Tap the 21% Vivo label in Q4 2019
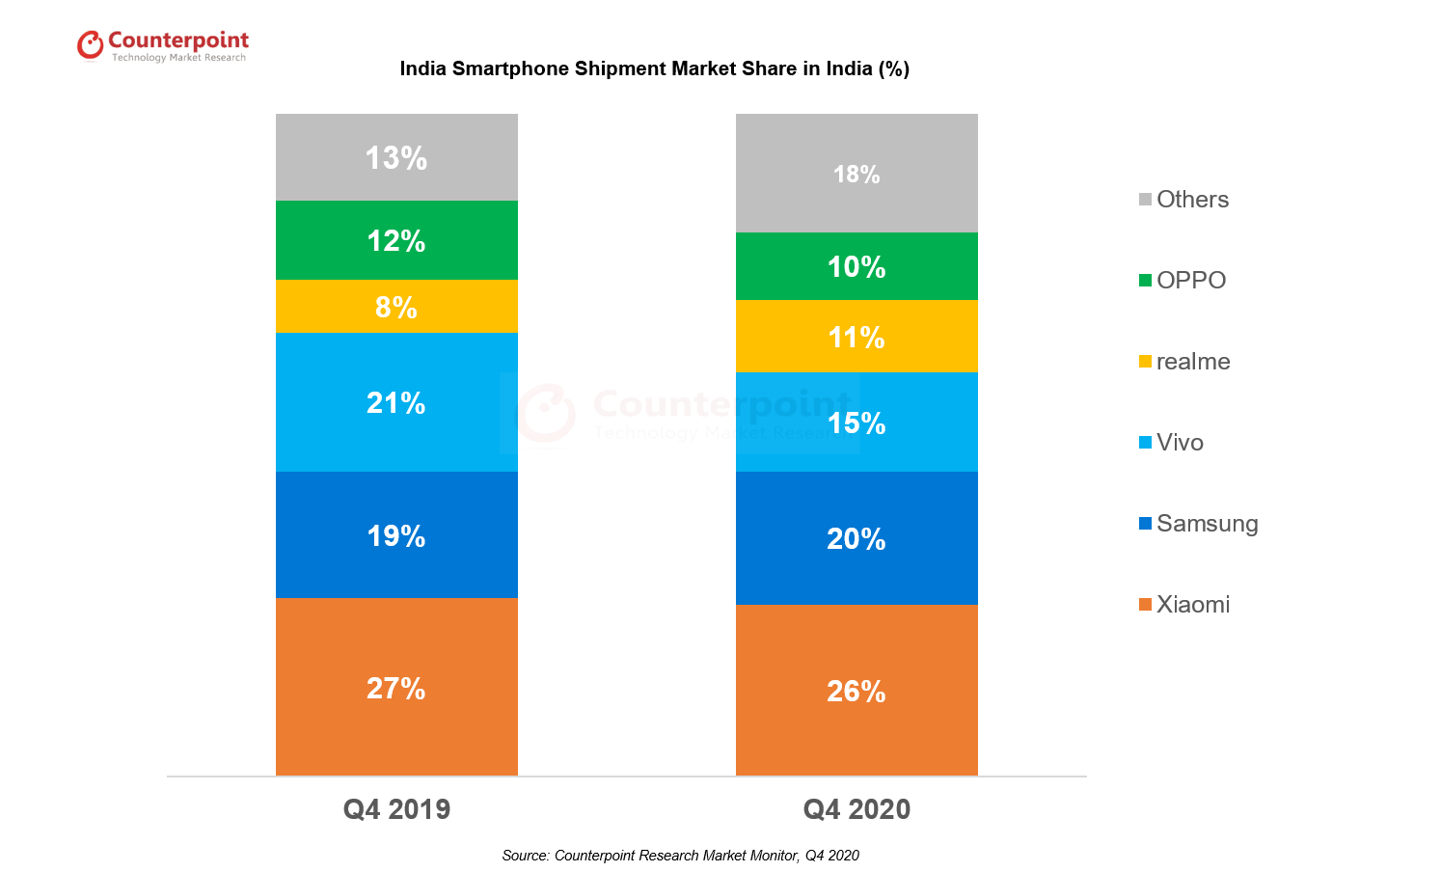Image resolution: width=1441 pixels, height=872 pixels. click(396, 403)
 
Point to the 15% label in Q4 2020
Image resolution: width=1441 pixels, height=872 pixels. click(856, 423)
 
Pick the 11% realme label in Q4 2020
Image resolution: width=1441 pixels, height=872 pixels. click(856, 338)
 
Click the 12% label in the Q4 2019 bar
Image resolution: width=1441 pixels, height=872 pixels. click(396, 241)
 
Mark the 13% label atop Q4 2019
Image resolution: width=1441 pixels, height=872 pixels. click(396, 158)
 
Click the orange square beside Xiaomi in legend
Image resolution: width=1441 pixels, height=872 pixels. click(1145, 605)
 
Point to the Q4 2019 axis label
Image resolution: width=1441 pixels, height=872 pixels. click(396, 809)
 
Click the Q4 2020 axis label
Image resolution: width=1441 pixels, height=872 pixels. click(856, 809)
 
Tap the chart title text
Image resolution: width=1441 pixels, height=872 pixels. click(654, 68)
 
